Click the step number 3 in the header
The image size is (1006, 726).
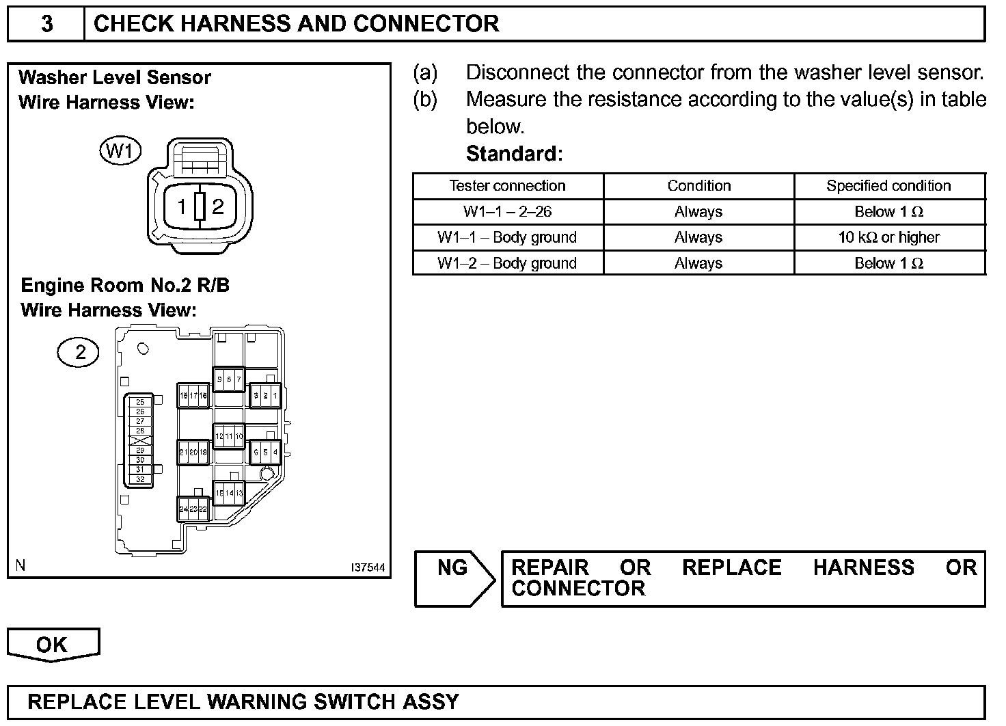[46, 24]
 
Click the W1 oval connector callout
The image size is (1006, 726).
[120, 150]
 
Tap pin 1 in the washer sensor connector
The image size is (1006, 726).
[182, 206]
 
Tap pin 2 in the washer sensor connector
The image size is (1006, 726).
[218, 206]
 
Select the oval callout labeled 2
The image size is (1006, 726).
[78, 353]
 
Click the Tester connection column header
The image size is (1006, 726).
[507, 186]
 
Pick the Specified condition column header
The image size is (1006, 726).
[888, 186]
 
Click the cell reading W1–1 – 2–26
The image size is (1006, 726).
[507, 212]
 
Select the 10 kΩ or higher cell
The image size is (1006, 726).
[888, 238]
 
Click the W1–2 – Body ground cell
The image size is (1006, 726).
[507, 264]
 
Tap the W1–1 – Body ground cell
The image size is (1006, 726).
[507, 238]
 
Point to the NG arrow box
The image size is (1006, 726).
[454, 578]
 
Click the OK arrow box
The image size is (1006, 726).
[53, 645]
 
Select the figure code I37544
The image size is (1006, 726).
[368, 568]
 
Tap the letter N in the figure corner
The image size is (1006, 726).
[21, 565]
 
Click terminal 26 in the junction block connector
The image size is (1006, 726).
[140, 412]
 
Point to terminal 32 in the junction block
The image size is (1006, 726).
[140, 479]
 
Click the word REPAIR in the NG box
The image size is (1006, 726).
[549, 568]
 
